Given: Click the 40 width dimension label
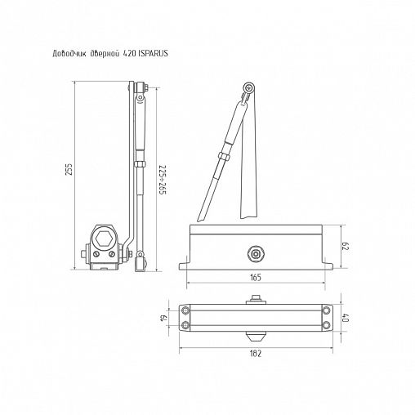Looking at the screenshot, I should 346,318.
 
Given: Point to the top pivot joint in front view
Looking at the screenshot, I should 248,89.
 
